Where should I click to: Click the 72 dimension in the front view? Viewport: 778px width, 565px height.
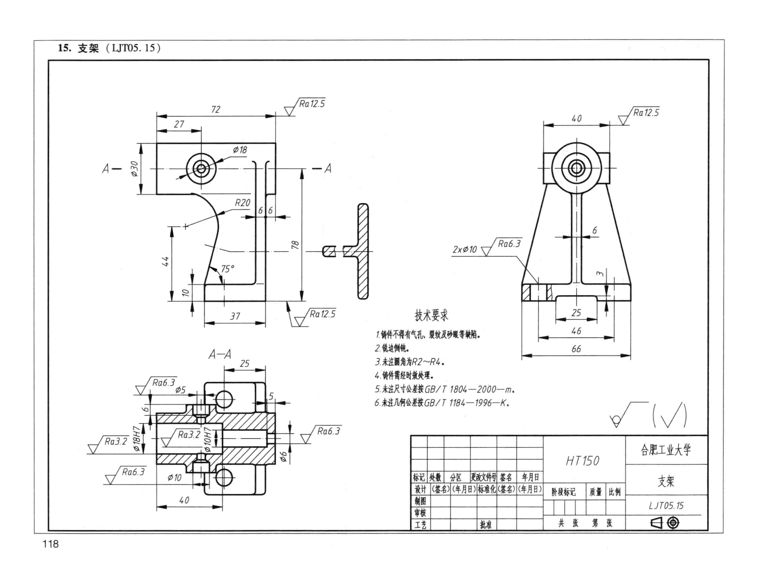(x=215, y=110)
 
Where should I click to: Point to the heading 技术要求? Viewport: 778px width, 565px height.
(x=431, y=315)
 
